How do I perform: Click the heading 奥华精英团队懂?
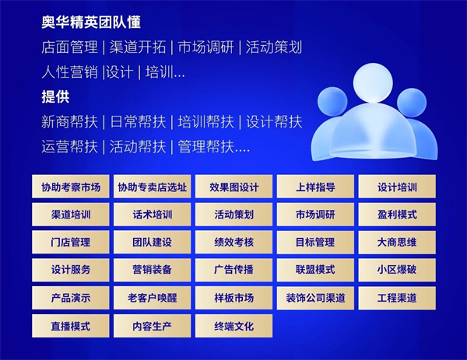91,23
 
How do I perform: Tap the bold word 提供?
55,96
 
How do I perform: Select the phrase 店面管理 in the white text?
70,47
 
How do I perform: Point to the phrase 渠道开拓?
138,47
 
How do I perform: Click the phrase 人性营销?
70,72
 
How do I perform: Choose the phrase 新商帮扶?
70,122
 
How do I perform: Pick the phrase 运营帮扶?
70,146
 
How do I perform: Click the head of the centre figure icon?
373,82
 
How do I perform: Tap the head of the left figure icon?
332,102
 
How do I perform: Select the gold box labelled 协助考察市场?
71,187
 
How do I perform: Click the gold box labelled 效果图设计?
233,187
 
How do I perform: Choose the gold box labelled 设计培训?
397,187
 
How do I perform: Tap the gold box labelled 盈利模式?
397,215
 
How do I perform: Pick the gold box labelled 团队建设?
153,242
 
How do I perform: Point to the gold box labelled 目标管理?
315,242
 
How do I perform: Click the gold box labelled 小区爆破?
397,270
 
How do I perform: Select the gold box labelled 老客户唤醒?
153,298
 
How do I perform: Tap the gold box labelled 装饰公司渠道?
315,298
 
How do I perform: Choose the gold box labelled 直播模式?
71,326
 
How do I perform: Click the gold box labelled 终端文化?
233,326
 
